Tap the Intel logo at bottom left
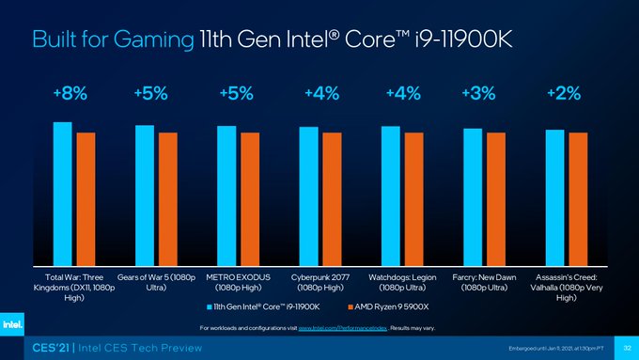12,324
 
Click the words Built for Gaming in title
113,39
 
